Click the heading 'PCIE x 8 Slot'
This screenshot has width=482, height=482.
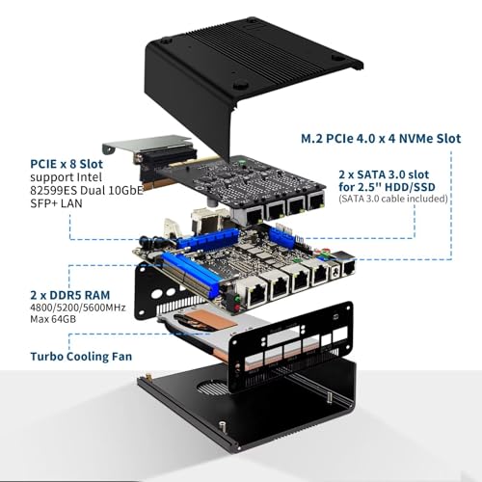pos(67,164)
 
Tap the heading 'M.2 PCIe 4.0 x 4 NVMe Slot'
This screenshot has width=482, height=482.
pos(381,139)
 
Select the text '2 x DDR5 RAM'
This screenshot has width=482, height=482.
pos(70,295)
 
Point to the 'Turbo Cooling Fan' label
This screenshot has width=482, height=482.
pos(81,357)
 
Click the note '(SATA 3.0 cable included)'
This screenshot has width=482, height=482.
pos(393,199)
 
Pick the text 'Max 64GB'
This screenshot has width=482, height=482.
pos(53,319)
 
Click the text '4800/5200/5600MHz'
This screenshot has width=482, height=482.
pos(78,308)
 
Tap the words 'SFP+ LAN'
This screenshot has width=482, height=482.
pos(56,203)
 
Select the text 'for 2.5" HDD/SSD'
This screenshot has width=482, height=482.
pos(387,187)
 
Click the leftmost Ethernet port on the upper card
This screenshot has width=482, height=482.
pos(254,216)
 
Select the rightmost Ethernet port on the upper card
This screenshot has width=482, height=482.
pos(316,200)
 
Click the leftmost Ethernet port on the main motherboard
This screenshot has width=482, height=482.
pos(255,296)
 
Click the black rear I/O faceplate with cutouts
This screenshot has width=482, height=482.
pos(291,347)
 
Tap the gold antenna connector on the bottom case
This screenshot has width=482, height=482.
pos(148,376)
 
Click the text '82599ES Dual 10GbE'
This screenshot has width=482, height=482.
pos(87,190)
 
